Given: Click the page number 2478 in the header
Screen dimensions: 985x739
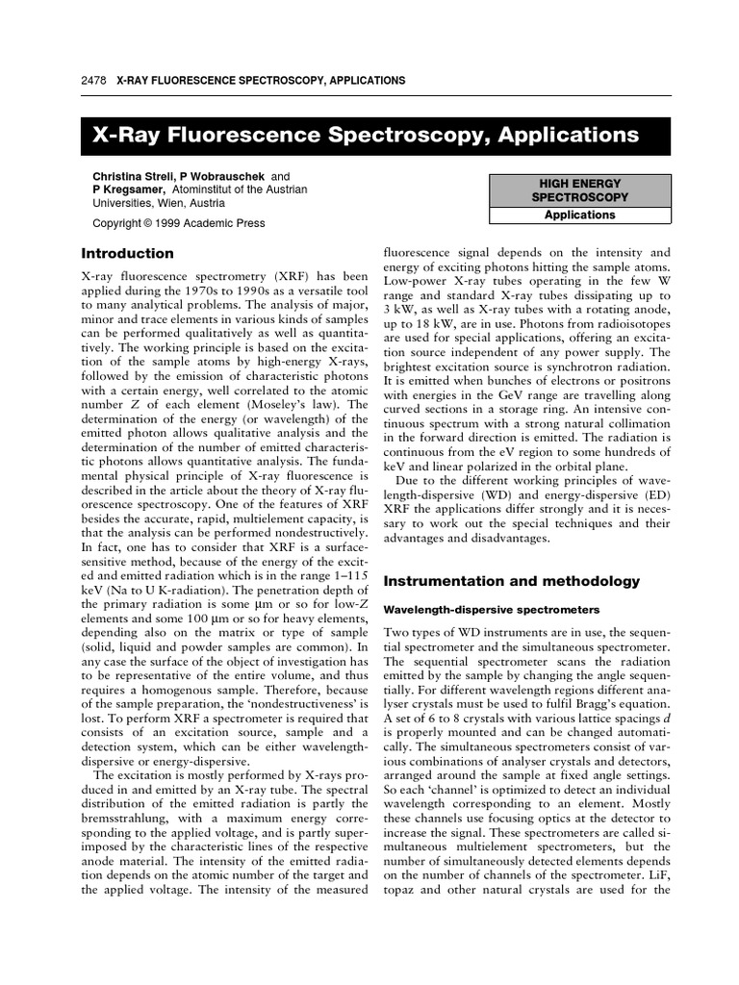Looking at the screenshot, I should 93,81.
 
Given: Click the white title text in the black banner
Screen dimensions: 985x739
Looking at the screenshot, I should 365,135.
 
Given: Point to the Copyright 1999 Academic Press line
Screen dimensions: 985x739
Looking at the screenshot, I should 178,223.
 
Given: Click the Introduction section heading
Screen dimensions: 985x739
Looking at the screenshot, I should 127,254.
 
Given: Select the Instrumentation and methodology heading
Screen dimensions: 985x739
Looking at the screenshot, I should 511,581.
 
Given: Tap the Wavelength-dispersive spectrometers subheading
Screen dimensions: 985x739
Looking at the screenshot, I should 492,610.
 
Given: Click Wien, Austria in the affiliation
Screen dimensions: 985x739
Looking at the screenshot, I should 190,204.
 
